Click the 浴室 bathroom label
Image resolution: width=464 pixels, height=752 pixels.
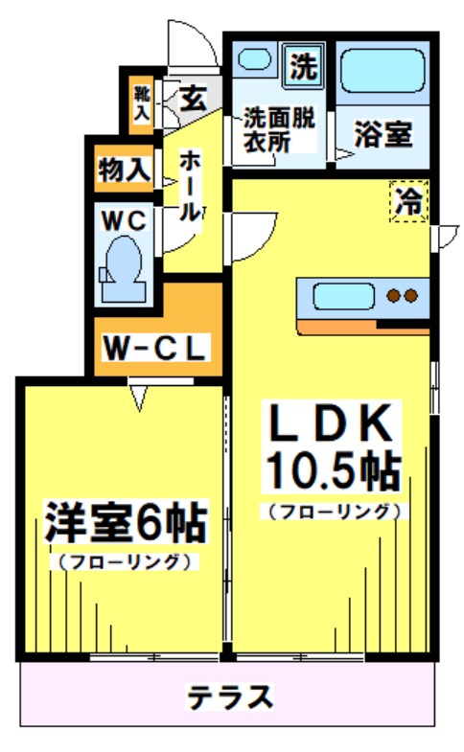click(x=383, y=135)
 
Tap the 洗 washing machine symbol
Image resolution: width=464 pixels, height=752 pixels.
click(x=303, y=67)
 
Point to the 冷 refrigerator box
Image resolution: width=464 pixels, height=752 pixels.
click(x=408, y=202)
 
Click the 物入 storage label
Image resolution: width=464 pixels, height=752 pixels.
click(x=124, y=170)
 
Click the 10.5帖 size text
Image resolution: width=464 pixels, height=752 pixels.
click(x=333, y=469)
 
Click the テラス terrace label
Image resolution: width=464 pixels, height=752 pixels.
click(x=231, y=696)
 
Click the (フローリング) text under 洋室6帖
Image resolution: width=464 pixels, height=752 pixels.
click(x=124, y=561)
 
